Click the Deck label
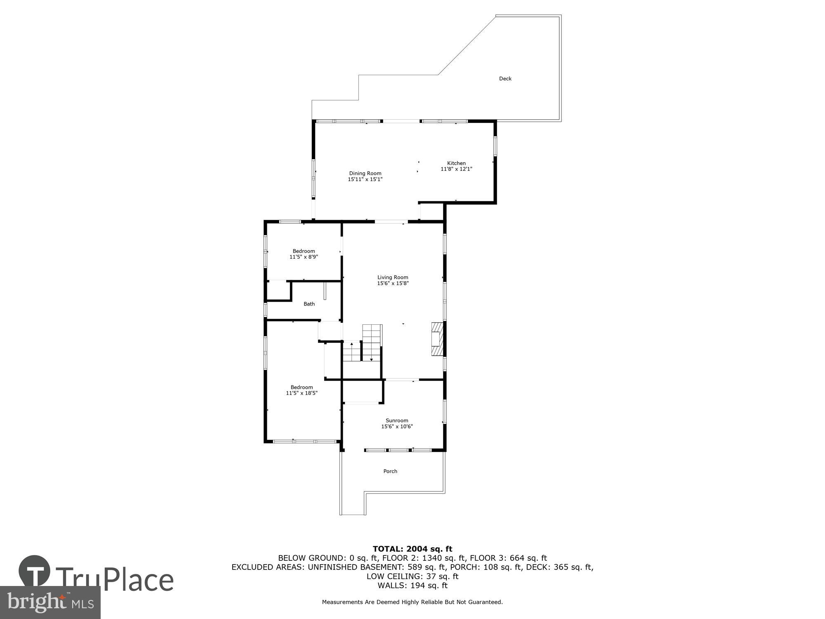[505, 78]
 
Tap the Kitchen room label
[456, 163]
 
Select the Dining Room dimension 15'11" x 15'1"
[365, 180]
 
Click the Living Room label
[393, 277]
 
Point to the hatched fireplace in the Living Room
[437, 339]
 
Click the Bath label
[309, 304]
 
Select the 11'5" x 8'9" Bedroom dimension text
[304, 257]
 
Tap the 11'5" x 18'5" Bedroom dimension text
[302, 393]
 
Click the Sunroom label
[397, 421]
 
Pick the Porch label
[390, 471]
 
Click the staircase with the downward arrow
[372, 343]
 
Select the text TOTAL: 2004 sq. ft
[412, 549]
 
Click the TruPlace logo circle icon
[35, 572]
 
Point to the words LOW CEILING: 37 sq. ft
[412, 576]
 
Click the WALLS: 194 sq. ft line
[412, 586]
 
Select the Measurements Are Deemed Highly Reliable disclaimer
[412, 602]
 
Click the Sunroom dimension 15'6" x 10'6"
[397, 427]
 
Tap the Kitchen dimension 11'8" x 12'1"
[456, 169]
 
